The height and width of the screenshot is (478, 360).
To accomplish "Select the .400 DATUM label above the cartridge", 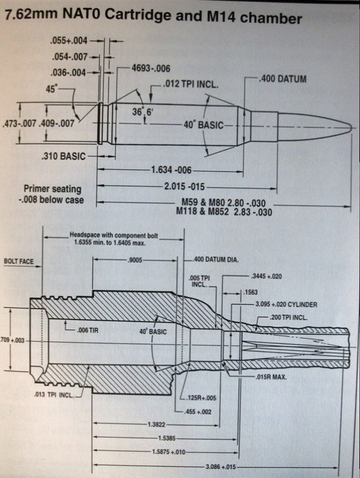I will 285,79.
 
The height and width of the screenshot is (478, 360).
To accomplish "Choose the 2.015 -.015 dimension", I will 186,186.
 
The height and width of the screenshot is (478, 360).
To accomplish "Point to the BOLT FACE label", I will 18,262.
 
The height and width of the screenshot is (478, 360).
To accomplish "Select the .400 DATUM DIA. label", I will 217,260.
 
